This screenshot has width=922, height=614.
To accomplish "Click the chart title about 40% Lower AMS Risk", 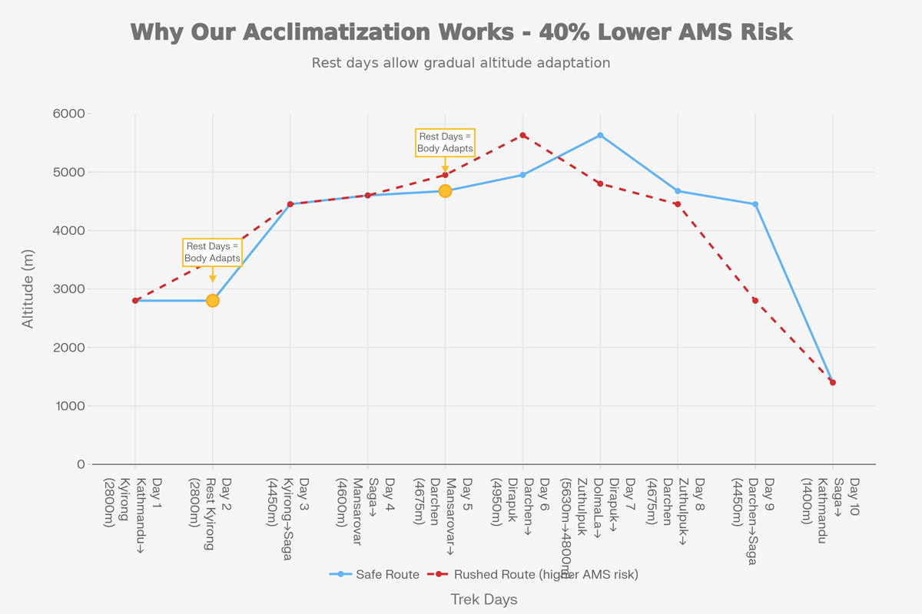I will (461, 32).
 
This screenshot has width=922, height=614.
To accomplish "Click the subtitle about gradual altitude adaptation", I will (461, 63).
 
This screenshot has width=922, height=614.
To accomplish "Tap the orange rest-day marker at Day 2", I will (213, 300).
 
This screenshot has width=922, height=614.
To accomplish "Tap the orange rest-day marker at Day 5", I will (445, 191).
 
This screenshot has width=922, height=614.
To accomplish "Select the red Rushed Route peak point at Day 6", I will (522, 135).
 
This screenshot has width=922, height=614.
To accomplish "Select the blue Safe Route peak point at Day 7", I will (600, 135).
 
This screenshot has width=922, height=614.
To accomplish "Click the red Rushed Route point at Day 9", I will (755, 300).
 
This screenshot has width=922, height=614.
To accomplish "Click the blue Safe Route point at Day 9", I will (755, 204).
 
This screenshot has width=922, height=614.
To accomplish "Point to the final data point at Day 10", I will (832, 382).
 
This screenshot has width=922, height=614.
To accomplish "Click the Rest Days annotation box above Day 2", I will (212, 253).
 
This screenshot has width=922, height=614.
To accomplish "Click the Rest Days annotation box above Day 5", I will (445, 143).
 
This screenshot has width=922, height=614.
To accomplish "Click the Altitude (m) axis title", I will (28, 289).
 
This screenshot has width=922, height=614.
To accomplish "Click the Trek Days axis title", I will (484, 599).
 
